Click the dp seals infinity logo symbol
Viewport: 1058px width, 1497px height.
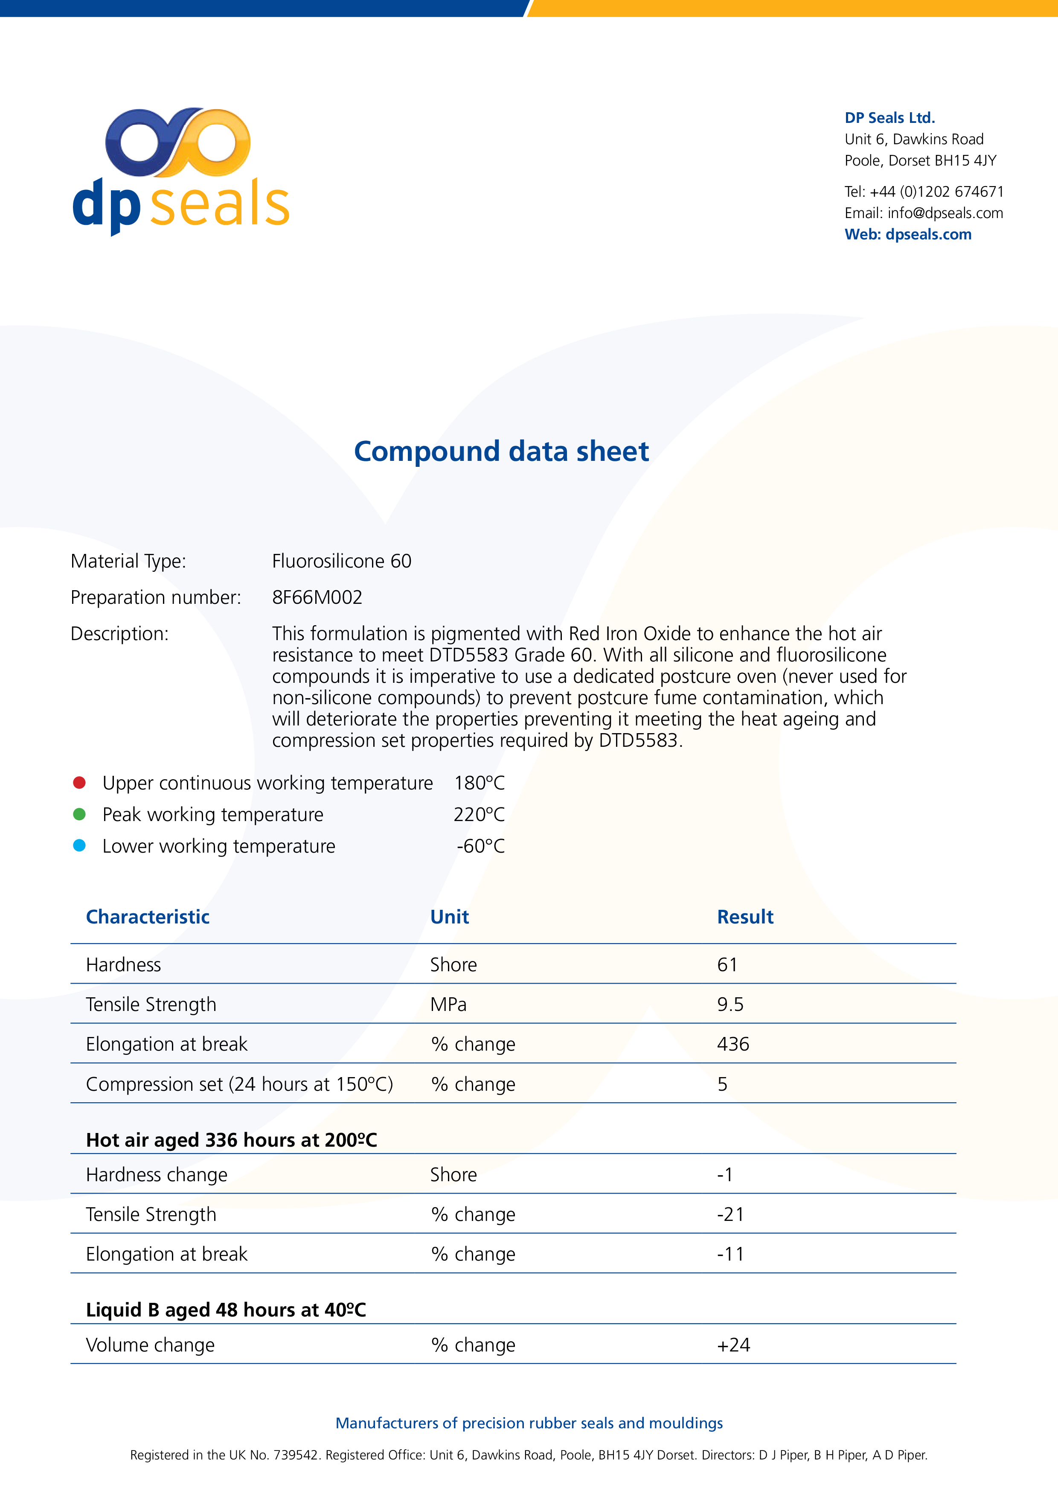click(177, 142)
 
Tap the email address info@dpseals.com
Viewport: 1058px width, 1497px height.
click(945, 213)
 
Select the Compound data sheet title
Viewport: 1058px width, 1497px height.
click(501, 451)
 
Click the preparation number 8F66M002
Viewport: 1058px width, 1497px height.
click(317, 597)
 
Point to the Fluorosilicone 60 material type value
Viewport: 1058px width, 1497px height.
click(342, 562)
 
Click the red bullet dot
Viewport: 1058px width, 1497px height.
click(79, 782)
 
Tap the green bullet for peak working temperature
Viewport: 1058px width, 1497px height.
click(79, 814)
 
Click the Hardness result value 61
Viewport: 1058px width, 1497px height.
click(727, 965)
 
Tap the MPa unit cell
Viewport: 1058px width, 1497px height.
click(448, 1005)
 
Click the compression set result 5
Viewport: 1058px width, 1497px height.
click(722, 1084)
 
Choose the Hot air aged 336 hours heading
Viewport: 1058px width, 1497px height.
click(231, 1140)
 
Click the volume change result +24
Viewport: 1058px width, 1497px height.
click(733, 1345)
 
